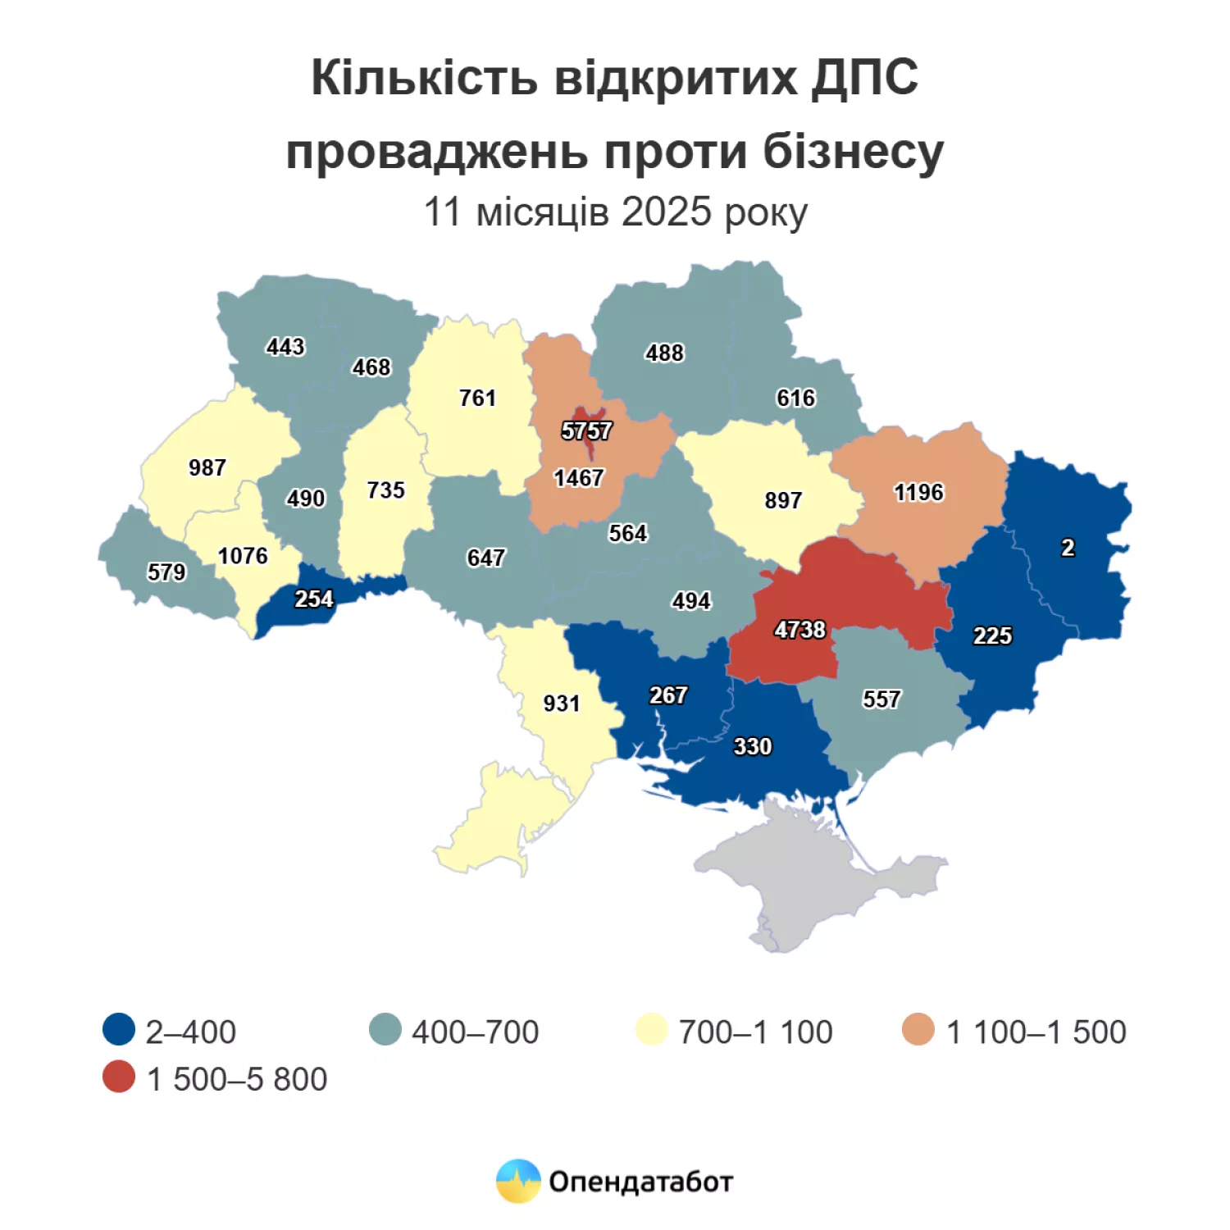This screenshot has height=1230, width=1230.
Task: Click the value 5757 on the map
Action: click(x=586, y=430)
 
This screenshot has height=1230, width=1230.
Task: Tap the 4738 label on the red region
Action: click(x=799, y=630)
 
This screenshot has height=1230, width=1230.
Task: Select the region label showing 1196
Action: click(x=918, y=492)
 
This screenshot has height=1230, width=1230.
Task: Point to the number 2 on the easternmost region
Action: click(x=1068, y=548)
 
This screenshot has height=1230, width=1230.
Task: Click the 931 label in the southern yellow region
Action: click(x=562, y=704)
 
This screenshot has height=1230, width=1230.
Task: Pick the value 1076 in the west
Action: click(x=243, y=556)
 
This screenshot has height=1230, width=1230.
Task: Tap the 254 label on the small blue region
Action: click(x=314, y=599)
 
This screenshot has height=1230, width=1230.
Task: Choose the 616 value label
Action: click(x=796, y=399)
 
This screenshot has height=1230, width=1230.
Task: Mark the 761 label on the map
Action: click(x=477, y=399)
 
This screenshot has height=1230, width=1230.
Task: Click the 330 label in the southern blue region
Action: click(x=752, y=747)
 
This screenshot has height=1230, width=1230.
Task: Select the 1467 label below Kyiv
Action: click(x=579, y=478)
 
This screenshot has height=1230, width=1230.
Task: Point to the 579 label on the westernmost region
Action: click(x=166, y=572)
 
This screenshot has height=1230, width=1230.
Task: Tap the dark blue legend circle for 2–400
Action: click(x=119, y=1030)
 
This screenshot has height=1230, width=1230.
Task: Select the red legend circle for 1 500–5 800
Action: click(x=119, y=1077)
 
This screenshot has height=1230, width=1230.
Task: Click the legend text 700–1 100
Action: click(x=755, y=1032)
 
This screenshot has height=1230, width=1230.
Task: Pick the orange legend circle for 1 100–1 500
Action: click(x=918, y=1030)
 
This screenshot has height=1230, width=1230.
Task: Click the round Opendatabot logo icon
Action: click(x=518, y=1182)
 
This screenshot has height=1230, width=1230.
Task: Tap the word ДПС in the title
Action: click(x=865, y=78)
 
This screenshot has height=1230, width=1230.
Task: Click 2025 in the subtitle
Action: click(x=667, y=212)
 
